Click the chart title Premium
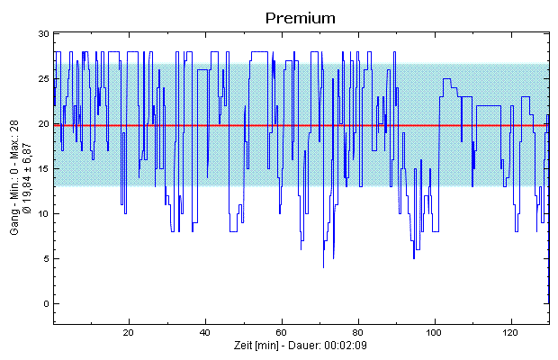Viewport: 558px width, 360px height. coord(301,17)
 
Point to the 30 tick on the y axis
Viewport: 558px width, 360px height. coord(41,33)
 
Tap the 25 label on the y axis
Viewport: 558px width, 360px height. coord(41,78)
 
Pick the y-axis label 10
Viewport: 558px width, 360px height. coord(41,213)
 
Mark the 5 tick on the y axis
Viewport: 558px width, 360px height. coord(44,258)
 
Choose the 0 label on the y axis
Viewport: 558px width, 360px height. coord(44,303)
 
